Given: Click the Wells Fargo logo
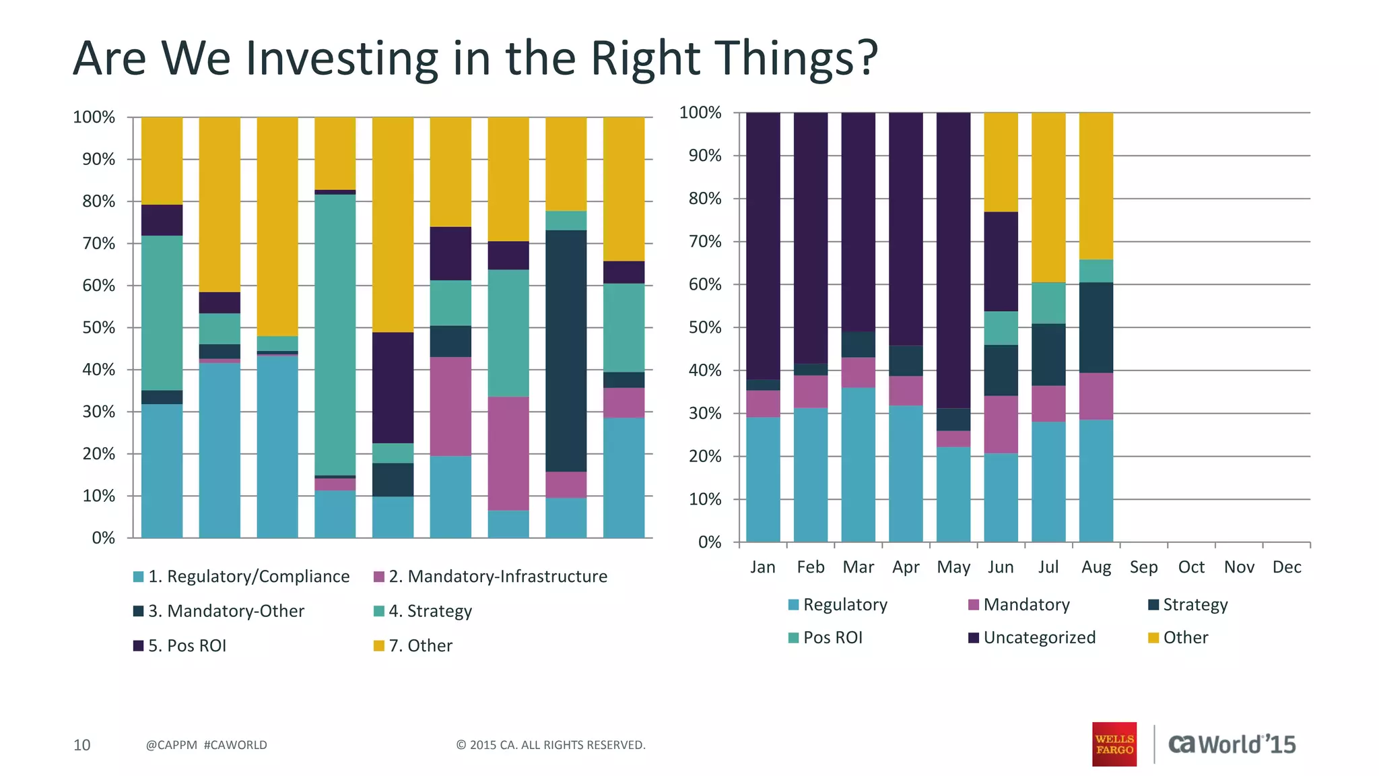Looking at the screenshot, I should pyautogui.click(x=1114, y=744).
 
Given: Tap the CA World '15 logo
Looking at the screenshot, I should pyautogui.click(x=1232, y=744).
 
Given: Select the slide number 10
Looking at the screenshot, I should pyautogui.click(x=81, y=744).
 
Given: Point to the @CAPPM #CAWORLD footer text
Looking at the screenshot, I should pyautogui.click(x=206, y=744).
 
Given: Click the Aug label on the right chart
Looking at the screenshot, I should pyautogui.click(x=1096, y=567).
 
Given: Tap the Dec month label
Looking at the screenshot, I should pyautogui.click(x=1286, y=567).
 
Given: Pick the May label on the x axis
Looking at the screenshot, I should pyautogui.click(x=953, y=567).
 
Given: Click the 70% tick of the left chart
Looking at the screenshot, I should pyautogui.click(x=98, y=244).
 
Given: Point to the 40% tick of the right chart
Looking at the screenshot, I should pyautogui.click(x=704, y=370).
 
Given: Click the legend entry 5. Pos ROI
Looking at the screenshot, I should pyautogui.click(x=187, y=645).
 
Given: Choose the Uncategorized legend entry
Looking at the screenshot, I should pyautogui.click(x=1039, y=637).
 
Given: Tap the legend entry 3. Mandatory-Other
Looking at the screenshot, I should pyautogui.click(x=226, y=611).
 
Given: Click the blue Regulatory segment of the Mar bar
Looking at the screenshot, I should pyautogui.click(x=858, y=465).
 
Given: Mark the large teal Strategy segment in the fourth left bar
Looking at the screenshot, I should pyautogui.click(x=335, y=335).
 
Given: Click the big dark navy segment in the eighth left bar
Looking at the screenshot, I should pyautogui.click(x=566, y=350).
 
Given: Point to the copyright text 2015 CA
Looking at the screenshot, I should pyautogui.click(x=550, y=744).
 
